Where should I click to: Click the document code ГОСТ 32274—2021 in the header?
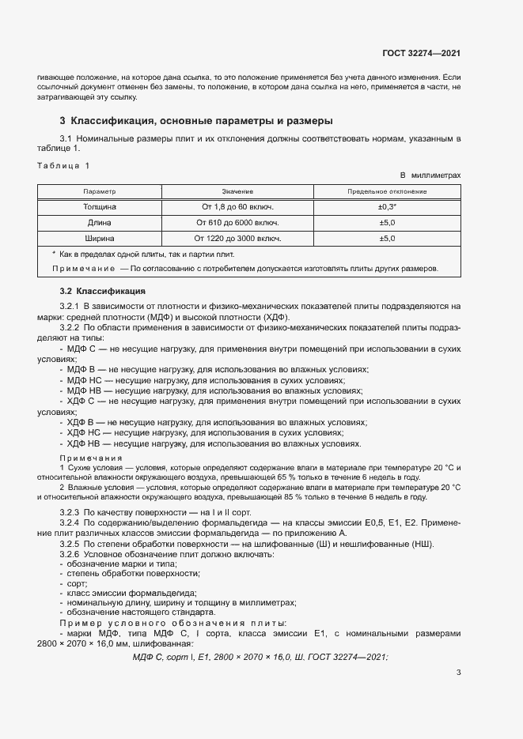pyautogui.click(x=422, y=54)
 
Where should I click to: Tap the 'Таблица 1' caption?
pyautogui.click(x=63, y=165)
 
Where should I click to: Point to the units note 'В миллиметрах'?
pyautogui.click(x=430, y=174)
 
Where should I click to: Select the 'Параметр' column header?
pyautogui.click(x=100, y=191)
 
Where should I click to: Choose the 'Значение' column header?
pyautogui.click(x=237, y=191)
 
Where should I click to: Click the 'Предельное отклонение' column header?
pyautogui.click(x=387, y=191)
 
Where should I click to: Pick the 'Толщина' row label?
pyautogui.click(x=100, y=206)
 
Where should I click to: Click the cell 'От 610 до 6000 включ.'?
pyautogui.click(x=237, y=222)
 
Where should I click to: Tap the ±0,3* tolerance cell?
pyautogui.click(x=387, y=206)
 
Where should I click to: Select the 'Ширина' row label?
pyautogui.click(x=100, y=237)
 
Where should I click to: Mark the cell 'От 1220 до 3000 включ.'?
pyautogui.click(x=237, y=237)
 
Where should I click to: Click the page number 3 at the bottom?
pyautogui.click(x=458, y=673)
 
